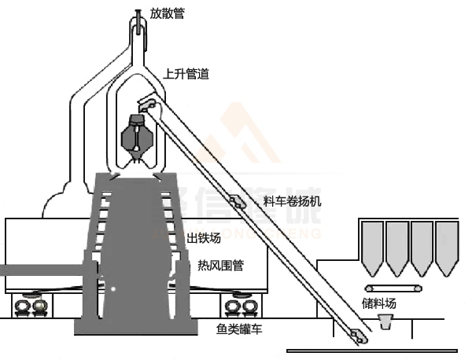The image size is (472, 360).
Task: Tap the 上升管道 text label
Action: coord(186,75)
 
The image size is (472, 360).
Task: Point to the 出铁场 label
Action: coord(202,238)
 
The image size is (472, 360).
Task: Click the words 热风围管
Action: coord(220,266)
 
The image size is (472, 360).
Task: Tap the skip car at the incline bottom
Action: coord(360,336)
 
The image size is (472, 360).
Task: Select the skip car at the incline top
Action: coord(149,103)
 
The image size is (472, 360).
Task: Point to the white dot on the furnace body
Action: coord(112,288)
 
